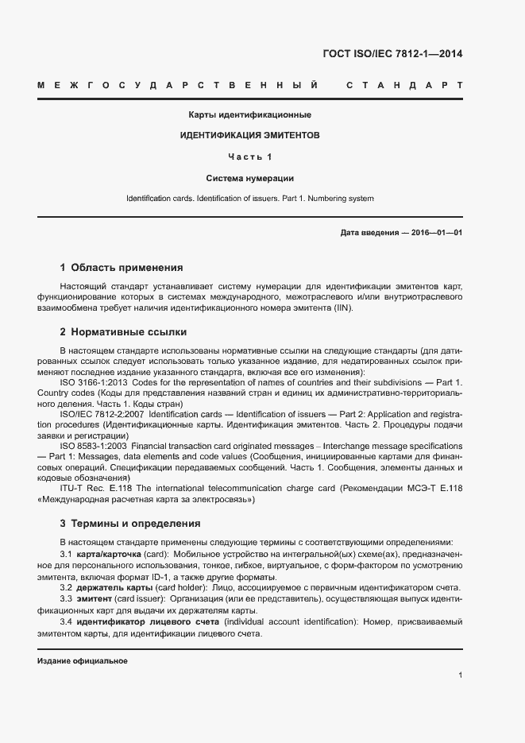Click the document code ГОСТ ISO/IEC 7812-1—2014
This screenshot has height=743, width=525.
tap(393, 54)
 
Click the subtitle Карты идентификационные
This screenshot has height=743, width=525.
tap(249, 114)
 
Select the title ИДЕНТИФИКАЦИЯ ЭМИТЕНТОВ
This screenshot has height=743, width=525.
tap(249, 136)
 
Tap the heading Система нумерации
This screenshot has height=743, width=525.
tap(249, 178)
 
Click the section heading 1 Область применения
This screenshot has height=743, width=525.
tap(122, 268)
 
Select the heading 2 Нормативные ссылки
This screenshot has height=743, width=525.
tap(123, 331)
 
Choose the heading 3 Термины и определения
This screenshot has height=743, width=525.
tap(130, 524)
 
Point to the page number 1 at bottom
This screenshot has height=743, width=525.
tap(461, 675)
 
